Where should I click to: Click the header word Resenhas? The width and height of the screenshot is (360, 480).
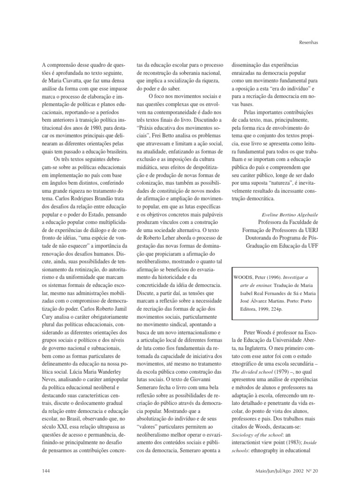click(308, 42)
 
